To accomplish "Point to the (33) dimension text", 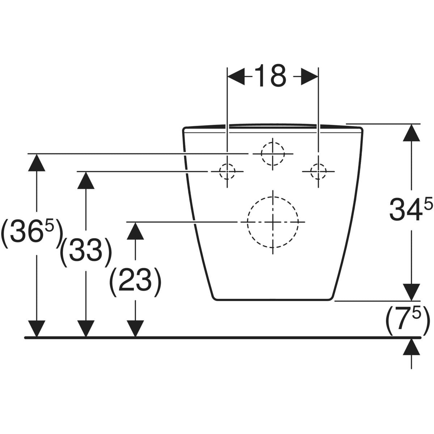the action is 86,252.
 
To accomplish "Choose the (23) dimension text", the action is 135,282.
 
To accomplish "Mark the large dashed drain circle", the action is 273,222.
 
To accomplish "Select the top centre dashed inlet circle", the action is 273,154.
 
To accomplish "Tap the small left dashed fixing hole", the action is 227,172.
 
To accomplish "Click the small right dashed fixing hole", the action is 318,172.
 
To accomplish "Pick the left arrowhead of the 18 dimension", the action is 236,77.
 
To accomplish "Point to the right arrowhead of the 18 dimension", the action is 310,77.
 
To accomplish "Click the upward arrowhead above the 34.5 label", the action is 412,133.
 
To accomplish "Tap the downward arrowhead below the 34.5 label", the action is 412,292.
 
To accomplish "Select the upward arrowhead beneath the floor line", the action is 412,347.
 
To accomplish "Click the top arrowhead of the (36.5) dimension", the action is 37,163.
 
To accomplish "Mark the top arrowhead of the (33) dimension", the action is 86,180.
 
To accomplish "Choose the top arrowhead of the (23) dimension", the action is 135,231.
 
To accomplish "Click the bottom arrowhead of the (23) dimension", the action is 135,329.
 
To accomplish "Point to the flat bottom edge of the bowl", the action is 273,300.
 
